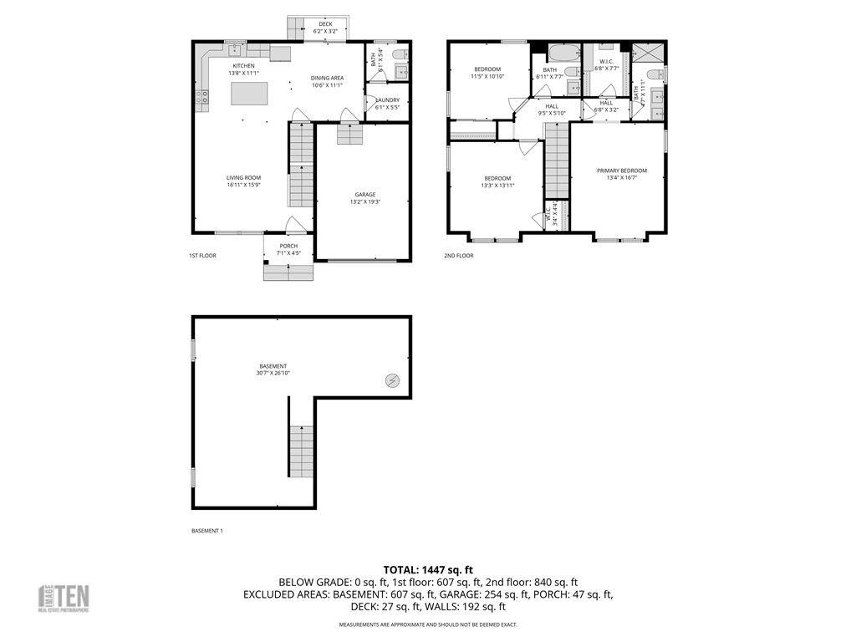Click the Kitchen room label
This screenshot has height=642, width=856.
pos(243,69)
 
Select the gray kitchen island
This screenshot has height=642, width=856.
pos(250,94)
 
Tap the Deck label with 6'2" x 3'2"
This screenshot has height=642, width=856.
pos(325,28)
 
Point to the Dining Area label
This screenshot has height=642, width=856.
pos(328,81)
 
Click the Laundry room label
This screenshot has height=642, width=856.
pos(387,103)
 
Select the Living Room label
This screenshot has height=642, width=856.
pos(243,181)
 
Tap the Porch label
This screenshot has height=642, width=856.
pos(288,249)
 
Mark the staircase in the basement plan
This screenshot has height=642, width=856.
pos(302,451)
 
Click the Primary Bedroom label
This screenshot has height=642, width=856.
pos(621,174)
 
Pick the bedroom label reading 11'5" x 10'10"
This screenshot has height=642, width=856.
pos(487,73)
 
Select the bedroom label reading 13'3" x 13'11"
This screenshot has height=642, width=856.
pos(497,181)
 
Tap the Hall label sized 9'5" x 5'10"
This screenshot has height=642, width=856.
pos(552,110)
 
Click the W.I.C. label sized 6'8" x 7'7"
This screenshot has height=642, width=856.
pos(606,64)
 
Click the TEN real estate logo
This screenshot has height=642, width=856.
pos(64,599)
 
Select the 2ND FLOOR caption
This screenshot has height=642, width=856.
pos(458,256)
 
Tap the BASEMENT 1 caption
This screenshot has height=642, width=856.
pos(207,531)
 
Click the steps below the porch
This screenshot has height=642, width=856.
pos(288,272)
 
